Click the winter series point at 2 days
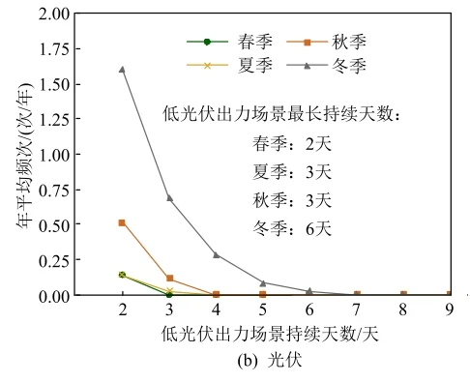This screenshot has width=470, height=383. (x=122, y=70)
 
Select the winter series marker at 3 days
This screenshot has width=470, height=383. (x=169, y=197)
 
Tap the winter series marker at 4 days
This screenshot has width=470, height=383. (x=216, y=254)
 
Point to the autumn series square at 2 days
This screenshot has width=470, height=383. (x=122, y=222)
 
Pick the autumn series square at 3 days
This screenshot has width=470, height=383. (x=169, y=279)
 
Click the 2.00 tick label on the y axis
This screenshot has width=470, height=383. (x=55, y=15)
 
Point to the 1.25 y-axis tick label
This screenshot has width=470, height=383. (x=55, y=120)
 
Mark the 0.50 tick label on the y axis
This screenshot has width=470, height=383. (x=55, y=225)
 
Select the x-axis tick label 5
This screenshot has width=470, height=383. (x=263, y=309)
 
